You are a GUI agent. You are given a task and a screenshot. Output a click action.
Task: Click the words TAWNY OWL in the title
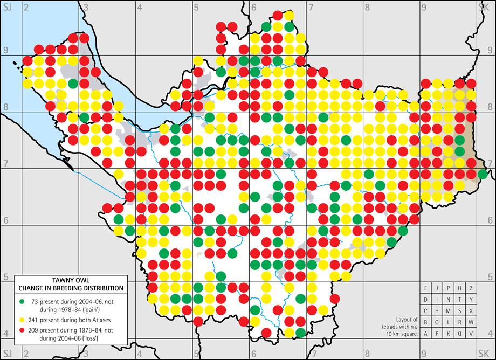coord(71,280)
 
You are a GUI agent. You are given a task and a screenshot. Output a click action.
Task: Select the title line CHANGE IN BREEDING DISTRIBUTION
coord(71,288)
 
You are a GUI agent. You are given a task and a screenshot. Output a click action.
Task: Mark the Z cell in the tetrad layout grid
coord(471,288)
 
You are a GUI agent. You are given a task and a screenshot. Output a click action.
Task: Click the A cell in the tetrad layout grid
coord(426,334)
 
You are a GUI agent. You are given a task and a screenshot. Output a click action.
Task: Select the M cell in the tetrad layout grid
coord(449,311)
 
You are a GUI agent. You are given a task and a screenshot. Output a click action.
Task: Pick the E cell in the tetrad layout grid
coord(426,288)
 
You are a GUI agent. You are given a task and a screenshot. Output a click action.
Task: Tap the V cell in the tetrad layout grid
coord(471,334)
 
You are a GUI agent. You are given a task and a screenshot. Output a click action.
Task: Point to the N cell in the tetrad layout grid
coord(449,300)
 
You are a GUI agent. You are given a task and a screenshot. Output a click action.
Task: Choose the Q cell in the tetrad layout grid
coord(460,334)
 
